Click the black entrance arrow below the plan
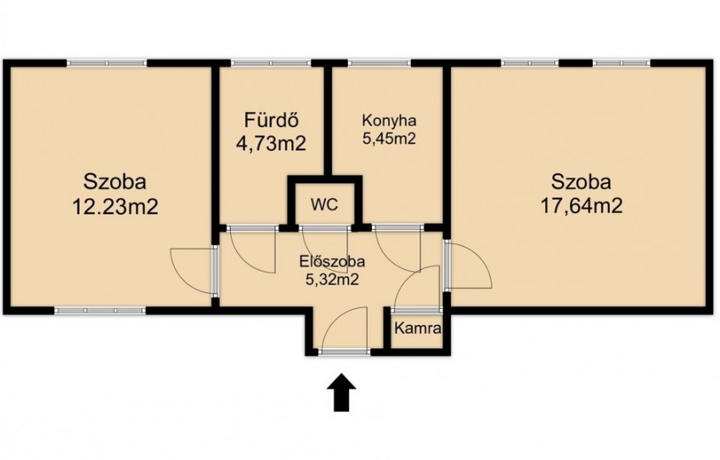tap(341, 392)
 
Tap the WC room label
tap(324, 205)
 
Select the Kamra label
tap(418, 328)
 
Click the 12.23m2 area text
tap(115, 207)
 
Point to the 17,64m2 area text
tap(582, 205)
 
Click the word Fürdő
tap(272, 121)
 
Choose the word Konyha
tap(389, 121)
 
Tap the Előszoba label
tap(332, 261)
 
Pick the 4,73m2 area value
tap(271, 143)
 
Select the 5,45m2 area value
tap(389, 138)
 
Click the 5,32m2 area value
tap(332, 279)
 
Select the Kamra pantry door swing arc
tap(407, 278)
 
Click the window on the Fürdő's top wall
tap(271, 64)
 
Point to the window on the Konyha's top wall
tap(380, 64)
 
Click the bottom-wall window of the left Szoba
tap(100, 311)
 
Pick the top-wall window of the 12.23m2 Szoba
tap(107, 64)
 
